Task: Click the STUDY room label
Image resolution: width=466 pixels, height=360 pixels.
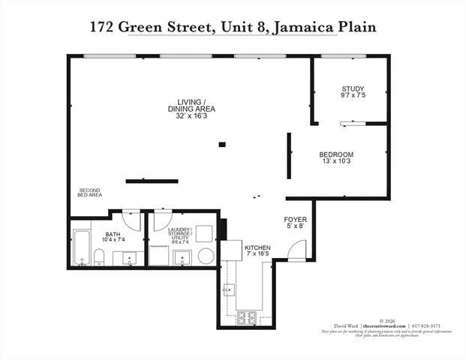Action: click(353, 89)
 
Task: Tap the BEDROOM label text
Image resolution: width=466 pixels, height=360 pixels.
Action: click(337, 154)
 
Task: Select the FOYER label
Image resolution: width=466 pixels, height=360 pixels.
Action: click(294, 219)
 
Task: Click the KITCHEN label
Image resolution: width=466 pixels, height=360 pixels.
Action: click(257, 247)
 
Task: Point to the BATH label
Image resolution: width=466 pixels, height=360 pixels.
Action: click(113, 235)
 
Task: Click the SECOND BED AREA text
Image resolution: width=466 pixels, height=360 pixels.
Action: click(90, 192)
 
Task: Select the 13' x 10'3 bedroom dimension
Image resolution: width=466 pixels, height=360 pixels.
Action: click(337, 161)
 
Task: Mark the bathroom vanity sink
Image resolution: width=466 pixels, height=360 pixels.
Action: click(128, 259)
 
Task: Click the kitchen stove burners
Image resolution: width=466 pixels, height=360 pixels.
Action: click(247, 317)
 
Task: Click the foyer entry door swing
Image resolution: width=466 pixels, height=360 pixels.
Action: click(296, 250)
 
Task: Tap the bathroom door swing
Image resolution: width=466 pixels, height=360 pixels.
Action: click(131, 217)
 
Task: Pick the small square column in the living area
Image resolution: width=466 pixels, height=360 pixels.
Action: click(222, 144)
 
